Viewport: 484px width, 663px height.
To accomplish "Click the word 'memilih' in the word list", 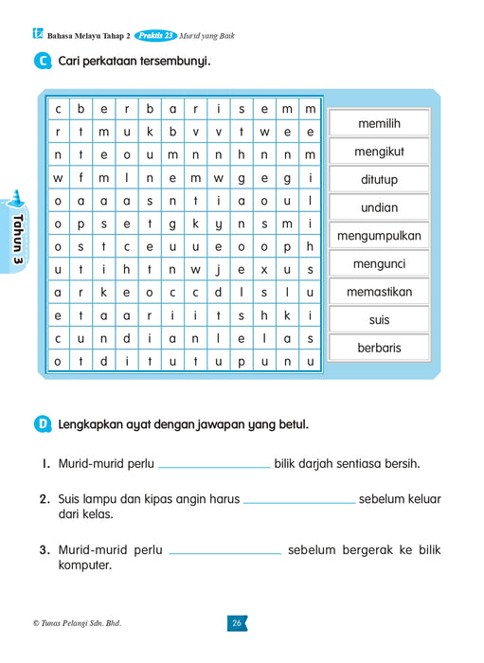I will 379,124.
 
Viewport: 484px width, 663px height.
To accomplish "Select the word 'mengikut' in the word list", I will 379,152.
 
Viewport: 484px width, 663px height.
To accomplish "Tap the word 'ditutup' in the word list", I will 379,180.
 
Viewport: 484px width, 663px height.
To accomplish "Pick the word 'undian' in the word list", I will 379,207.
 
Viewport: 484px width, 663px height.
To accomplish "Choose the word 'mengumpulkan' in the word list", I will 379,236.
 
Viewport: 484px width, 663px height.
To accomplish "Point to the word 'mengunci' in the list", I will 379,263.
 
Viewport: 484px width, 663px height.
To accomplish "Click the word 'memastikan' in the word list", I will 379,292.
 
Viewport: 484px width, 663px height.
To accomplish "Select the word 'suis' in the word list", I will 379,320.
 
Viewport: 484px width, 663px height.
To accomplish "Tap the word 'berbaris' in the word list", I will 379,348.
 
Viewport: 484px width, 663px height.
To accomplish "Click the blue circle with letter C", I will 42,63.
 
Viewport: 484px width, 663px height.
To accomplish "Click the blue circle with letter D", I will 42,424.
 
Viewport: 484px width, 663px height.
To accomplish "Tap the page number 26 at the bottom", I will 237,622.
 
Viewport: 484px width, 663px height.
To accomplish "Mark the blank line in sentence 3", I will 224,552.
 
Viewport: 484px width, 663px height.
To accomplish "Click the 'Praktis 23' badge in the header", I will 155,36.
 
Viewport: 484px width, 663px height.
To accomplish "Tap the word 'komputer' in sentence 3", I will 84,566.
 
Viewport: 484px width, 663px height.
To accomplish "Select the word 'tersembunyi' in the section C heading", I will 174,63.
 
